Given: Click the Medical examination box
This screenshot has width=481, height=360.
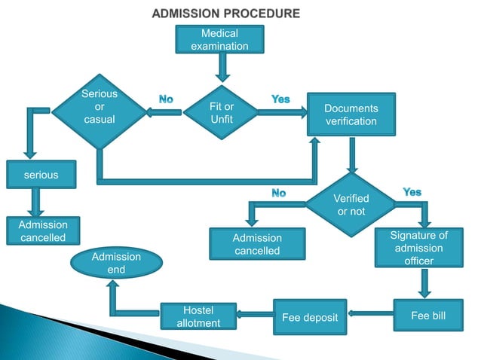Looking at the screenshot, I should pos(219,40).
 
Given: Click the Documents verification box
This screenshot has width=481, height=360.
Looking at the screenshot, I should pos(351,115).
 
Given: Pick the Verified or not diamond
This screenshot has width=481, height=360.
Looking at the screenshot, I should pos(351,204).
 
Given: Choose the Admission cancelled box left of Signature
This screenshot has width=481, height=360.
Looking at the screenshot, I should pos(256,244).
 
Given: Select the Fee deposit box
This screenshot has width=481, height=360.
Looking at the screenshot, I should pos(310,317).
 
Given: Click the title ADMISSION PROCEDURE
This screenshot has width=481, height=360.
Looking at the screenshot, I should pos(225,14).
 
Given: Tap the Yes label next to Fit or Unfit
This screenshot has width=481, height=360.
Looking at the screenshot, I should pos(280,99).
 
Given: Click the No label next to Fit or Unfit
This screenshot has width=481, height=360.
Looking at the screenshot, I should pos(166,99).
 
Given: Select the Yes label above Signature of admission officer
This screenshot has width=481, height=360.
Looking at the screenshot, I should pos(412,193).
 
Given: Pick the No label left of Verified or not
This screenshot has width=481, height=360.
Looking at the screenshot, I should pos(278,194).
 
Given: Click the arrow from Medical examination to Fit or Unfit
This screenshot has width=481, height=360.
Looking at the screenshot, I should pos(222,69).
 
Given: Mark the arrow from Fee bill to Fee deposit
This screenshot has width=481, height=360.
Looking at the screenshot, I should pos(370,313).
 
